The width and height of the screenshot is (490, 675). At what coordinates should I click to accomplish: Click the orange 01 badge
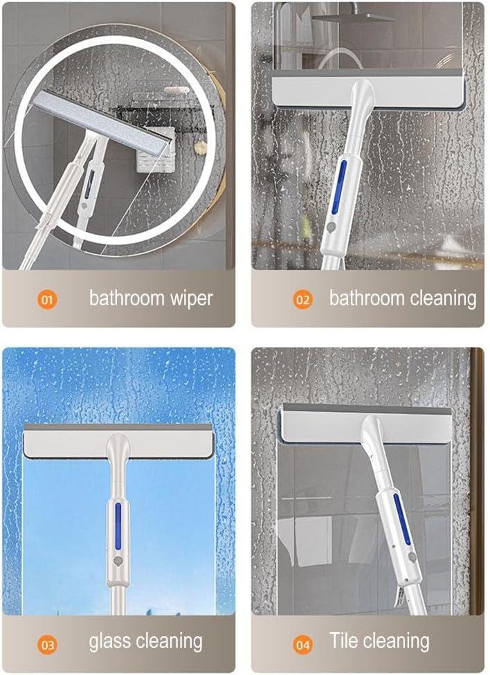coord(47,299)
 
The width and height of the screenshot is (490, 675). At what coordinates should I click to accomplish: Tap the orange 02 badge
coord(303,299)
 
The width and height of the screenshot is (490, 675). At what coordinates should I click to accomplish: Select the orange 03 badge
coord(47,645)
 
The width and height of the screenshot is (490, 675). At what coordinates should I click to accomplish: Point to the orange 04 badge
coord(303,645)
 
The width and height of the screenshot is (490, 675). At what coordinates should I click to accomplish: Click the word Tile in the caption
coord(342,640)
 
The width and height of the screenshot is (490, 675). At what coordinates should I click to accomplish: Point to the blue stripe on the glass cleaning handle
coord(118,525)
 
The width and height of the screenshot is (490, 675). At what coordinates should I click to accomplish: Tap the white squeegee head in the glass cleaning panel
coord(118,441)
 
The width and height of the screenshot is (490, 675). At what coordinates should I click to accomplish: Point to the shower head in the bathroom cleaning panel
coord(354,17)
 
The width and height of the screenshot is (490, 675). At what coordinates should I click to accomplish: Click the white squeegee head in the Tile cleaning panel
coord(366,424)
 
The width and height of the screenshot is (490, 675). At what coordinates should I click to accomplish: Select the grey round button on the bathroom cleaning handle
coord(332,226)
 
